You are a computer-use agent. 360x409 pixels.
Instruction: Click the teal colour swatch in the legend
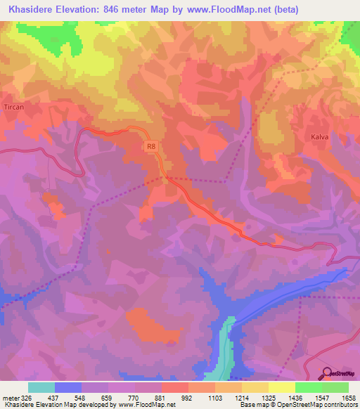[41, 387]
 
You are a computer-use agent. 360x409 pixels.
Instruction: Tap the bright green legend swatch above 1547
[309, 387]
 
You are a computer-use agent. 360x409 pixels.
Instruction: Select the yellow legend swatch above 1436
[282, 387]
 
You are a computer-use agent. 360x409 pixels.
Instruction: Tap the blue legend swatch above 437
[68, 387]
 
